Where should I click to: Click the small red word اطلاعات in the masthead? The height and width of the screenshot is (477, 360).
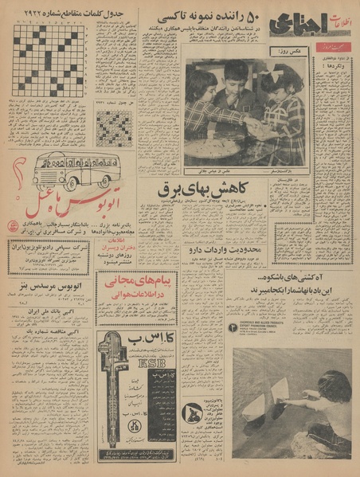[330, 15]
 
